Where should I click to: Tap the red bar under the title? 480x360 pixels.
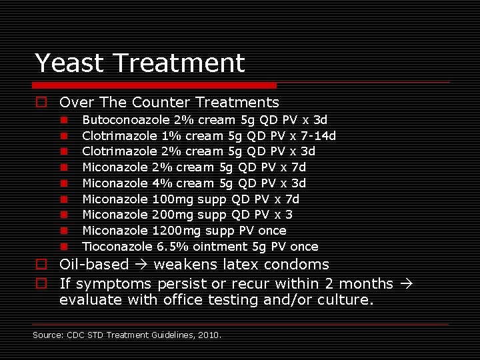click(x=155, y=85)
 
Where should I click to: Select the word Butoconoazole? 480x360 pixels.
click(x=125, y=120)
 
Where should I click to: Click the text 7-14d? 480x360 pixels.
click(x=318, y=136)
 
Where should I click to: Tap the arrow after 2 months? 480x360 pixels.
click(x=404, y=283)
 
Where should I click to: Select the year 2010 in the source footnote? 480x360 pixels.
click(x=209, y=335)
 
